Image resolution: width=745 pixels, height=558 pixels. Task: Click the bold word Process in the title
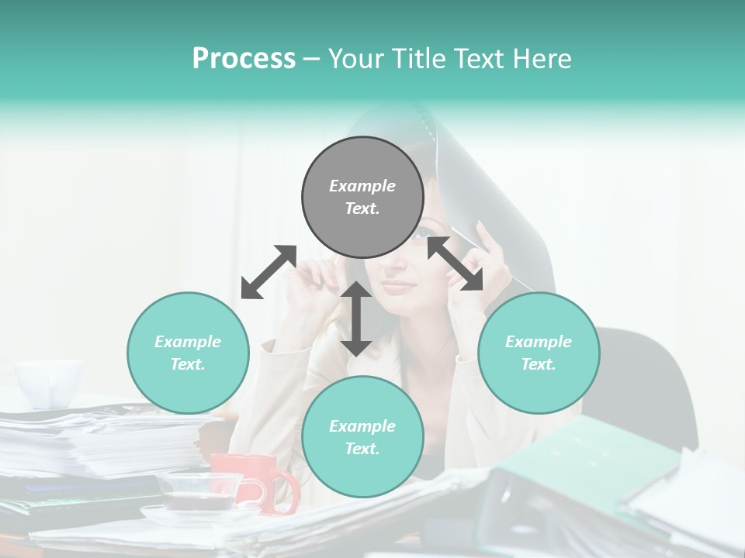[244, 59]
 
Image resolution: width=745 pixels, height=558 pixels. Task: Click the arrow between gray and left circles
[269, 272]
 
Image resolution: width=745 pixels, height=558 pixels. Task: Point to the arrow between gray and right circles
[456, 263]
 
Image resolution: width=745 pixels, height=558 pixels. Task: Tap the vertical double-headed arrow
[356, 319]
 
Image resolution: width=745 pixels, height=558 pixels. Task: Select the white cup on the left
[48, 382]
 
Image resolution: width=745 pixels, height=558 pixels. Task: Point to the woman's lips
[398, 285]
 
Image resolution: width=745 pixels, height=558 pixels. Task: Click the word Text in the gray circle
[362, 208]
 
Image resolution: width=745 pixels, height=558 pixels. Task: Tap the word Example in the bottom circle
[362, 425]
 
